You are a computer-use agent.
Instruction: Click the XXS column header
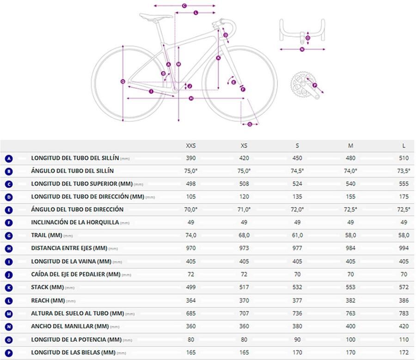point(191,146)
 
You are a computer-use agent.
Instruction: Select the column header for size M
point(350,146)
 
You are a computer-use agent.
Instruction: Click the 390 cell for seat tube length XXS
point(191,158)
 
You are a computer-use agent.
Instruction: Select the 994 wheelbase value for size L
point(404,248)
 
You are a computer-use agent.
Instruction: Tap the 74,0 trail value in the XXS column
point(191,236)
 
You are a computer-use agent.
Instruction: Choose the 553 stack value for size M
point(350,287)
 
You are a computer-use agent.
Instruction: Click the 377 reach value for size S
point(297,300)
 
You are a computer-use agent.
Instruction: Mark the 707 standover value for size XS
point(244,313)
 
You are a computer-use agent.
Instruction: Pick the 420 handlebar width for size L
point(404,326)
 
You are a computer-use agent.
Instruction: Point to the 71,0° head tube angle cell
point(244,210)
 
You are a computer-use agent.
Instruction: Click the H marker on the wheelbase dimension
point(191,98)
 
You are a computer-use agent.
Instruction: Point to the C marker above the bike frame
point(184,6)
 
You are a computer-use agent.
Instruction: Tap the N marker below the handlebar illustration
point(302,49)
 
